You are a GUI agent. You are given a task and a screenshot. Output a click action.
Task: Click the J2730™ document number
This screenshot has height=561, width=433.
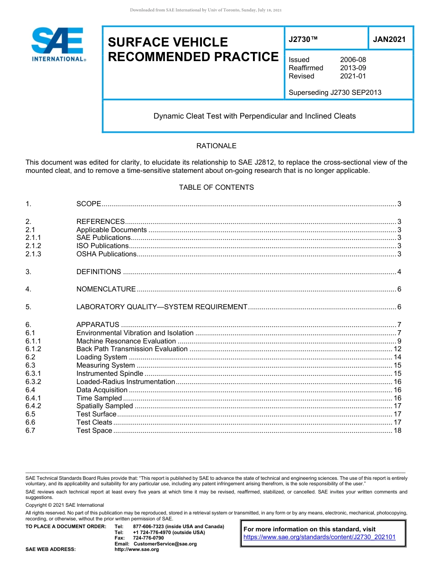point(303,40)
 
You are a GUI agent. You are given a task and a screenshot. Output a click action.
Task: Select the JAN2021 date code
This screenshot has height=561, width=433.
point(389,40)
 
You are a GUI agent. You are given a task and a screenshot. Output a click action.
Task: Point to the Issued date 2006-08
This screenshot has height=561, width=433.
point(353,60)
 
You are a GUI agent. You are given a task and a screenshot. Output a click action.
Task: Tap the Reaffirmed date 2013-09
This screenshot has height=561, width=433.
point(353,68)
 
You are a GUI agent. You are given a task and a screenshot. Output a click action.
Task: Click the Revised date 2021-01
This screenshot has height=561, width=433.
point(353,76)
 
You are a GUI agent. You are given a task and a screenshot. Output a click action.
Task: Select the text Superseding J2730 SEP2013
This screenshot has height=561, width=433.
point(335,93)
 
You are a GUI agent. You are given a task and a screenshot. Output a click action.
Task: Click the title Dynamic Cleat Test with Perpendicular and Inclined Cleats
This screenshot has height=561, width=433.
point(254,116)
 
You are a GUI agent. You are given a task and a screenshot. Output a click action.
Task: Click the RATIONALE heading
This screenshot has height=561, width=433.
point(216,146)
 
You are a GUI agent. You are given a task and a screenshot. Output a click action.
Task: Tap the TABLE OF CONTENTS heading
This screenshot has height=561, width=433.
point(216,187)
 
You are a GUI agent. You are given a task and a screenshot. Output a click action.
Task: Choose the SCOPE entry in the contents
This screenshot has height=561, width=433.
point(88,204)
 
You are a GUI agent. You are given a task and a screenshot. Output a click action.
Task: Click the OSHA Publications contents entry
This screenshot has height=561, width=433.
point(106,254)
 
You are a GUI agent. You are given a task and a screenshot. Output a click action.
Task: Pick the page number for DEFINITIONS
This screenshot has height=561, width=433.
point(399,272)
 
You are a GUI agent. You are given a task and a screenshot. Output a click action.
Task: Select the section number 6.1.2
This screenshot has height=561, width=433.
point(33,349)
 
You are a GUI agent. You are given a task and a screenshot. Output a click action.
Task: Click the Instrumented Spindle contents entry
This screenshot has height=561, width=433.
point(109,374)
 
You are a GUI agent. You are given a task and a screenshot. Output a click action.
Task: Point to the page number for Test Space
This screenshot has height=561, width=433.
point(397,431)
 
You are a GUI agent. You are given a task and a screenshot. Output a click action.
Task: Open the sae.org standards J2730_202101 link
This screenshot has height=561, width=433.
point(320,537)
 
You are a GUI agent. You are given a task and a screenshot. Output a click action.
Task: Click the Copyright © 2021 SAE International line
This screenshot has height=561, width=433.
point(65,505)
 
